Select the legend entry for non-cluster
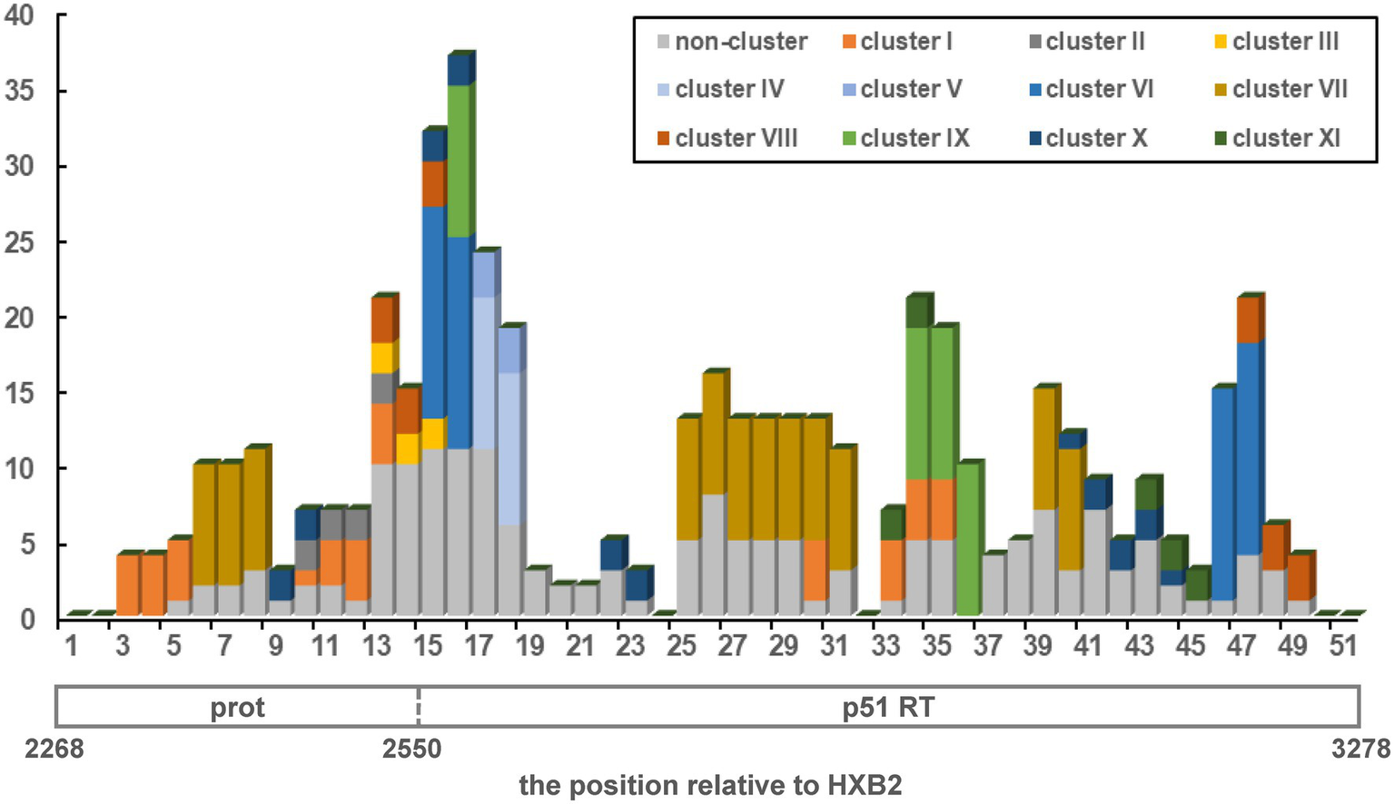[x=731, y=42]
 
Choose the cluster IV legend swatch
[x=664, y=90]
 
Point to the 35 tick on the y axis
[x=20, y=92]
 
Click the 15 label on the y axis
[x=20, y=394]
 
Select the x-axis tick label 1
[x=70, y=645]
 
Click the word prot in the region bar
[x=237, y=708]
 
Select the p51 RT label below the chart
[x=887, y=708]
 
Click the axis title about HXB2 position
[x=710, y=785]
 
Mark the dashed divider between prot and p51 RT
[x=418, y=706]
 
